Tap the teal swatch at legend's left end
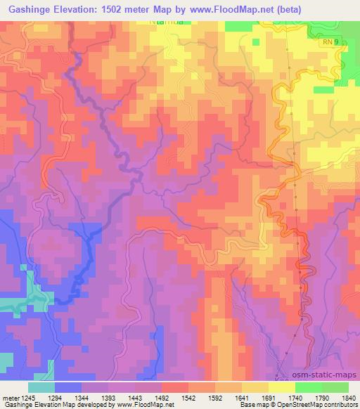pos(41,387)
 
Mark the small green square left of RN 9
pos(323,90)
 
